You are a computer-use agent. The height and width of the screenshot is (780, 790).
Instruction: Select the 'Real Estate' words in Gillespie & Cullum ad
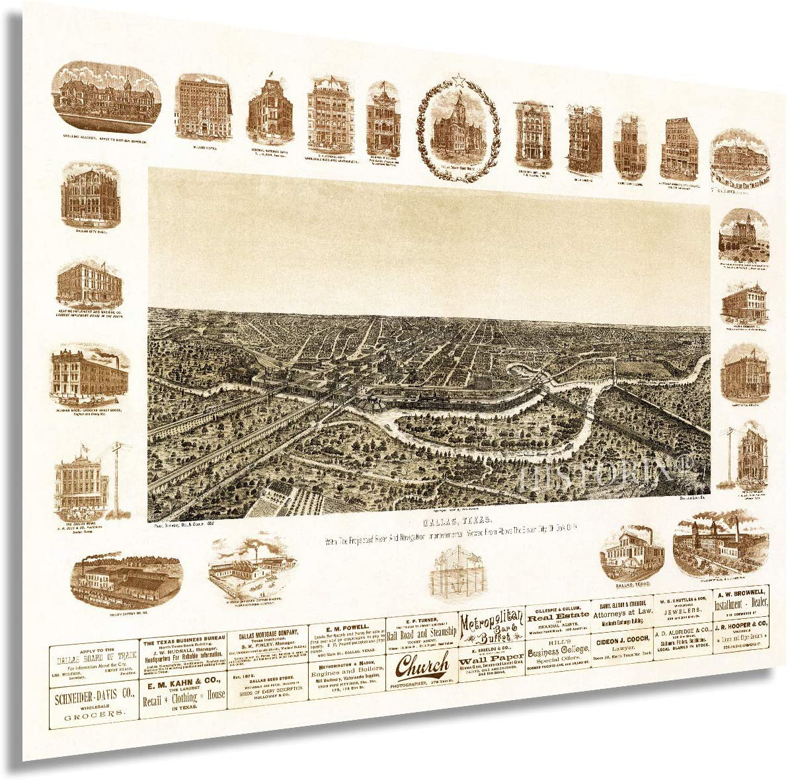point(557,616)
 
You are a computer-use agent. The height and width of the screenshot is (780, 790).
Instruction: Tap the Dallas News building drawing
point(81,480)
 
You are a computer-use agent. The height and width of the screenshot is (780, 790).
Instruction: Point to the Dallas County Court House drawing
point(458,125)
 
